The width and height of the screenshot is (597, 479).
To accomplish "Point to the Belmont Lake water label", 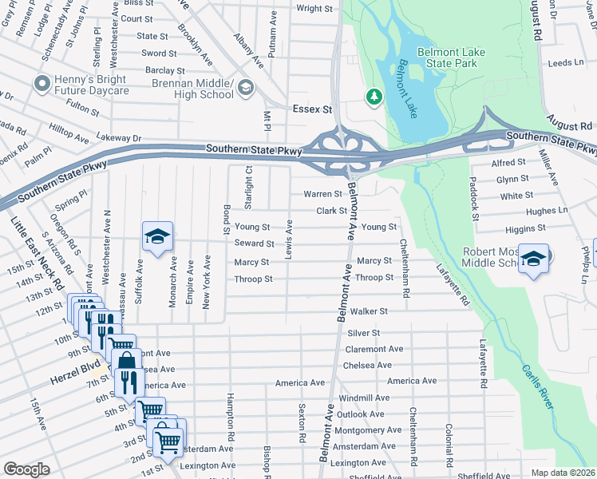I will click(408, 89).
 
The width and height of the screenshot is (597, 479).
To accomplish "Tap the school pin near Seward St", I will click(158, 236).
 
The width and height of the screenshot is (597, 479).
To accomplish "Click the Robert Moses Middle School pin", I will click(533, 259).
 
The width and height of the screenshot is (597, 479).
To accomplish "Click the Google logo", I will click(26, 469).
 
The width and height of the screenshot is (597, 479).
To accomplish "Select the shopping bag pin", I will click(125, 359).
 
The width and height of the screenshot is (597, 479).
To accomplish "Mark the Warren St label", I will click(322, 194).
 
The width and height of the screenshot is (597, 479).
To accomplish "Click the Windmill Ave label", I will click(364, 398).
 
